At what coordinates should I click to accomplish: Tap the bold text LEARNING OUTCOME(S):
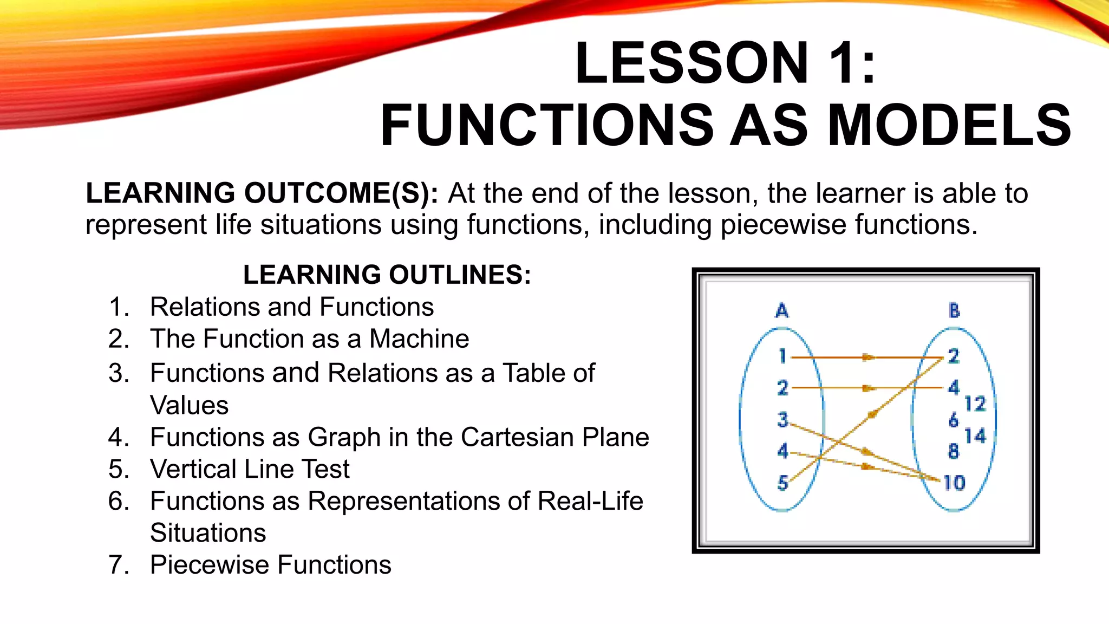262,193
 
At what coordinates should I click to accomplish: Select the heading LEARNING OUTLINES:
387,275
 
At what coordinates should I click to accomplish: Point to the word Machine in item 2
419,339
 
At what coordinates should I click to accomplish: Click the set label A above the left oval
782,311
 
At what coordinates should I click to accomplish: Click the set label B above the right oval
954,310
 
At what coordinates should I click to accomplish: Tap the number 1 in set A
782,356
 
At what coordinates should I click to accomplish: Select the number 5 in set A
782,483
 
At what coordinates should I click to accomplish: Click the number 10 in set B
954,483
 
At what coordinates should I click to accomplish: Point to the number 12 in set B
975,404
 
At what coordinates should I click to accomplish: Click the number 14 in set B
975,435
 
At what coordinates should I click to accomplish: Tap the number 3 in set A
782,420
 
